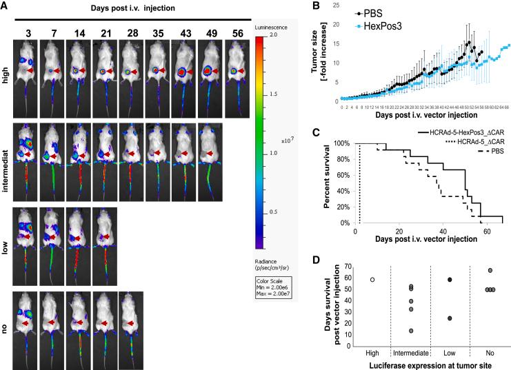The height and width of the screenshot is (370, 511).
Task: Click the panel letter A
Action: [x=5, y=6]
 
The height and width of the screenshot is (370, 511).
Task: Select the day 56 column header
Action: [x=236, y=33]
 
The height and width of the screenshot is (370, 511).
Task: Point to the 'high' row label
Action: [x=6, y=72]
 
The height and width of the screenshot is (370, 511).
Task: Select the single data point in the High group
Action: [x=372, y=280]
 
